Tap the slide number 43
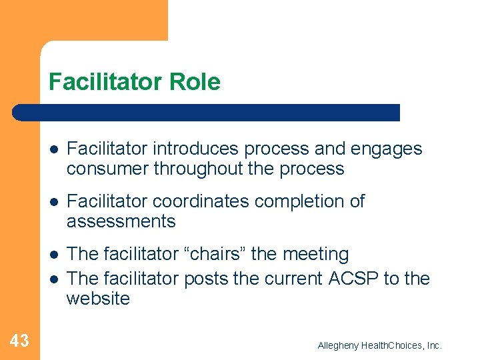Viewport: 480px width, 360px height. coord(19,341)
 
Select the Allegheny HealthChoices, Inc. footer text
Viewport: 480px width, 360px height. coord(379,345)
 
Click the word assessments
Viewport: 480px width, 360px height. coord(121,221)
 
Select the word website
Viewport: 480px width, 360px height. coord(98,299)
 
